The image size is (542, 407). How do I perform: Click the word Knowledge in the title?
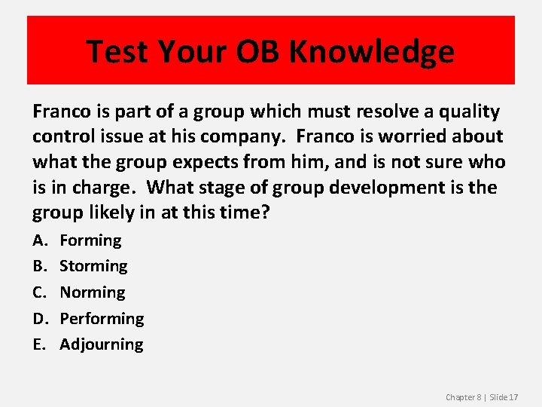(372, 51)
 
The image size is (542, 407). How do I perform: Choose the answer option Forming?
(90, 240)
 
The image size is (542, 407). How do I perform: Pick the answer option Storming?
(93, 266)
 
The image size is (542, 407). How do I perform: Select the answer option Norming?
(93, 292)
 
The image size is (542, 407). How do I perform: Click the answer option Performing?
(102, 318)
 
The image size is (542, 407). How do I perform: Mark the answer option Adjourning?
(102, 344)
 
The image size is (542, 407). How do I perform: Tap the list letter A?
(38, 240)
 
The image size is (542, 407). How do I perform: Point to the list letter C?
(38, 292)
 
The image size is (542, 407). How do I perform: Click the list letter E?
(38, 344)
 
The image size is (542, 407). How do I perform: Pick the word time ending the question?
(242, 213)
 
